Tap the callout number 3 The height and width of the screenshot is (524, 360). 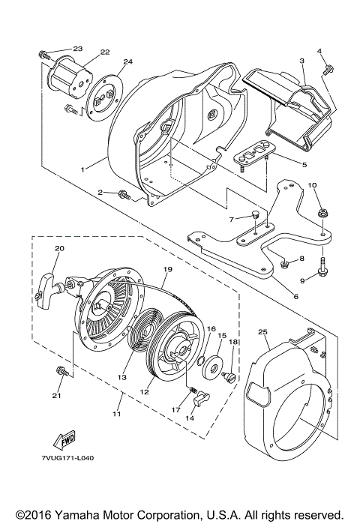(301, 60)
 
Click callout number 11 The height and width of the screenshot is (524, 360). (115, 413)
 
